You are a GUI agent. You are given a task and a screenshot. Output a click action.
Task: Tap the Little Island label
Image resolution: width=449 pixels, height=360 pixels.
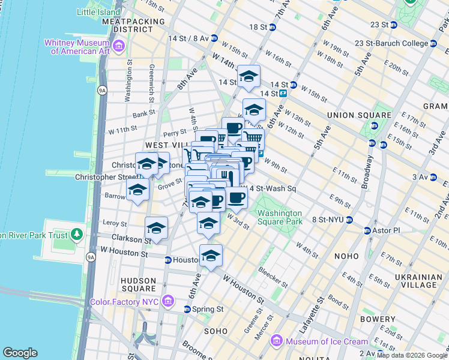tap(98, 12)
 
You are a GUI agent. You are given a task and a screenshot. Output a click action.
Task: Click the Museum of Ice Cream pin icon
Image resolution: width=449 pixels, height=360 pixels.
tap(277, 341)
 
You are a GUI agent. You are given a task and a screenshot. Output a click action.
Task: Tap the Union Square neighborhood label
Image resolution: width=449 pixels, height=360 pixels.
tap(359, 115)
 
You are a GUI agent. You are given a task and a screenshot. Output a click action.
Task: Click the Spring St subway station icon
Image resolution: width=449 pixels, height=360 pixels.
tap(187, 309)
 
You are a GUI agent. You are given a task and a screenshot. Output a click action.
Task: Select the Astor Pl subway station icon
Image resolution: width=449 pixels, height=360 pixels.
tap(367, 230)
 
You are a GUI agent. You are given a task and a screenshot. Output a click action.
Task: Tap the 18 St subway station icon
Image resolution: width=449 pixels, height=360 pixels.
tap(273, 27)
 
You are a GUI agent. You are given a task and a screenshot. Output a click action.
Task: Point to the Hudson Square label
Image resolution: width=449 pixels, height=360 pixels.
tap(139, 284)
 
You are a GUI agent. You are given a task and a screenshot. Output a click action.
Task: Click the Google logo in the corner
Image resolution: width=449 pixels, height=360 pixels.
tap(20, 353)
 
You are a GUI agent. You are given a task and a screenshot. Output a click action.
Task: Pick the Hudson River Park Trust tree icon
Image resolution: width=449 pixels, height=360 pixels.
tap(77, 233)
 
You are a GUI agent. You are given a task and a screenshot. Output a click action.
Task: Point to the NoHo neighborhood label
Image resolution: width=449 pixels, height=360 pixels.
tap(346, 256)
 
